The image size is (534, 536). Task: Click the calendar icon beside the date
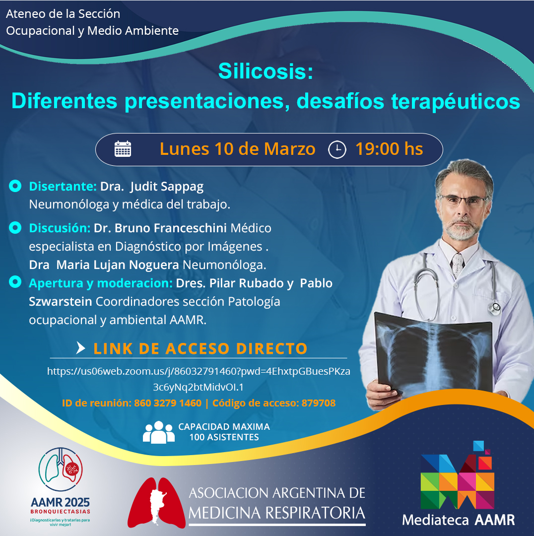(x=123, y=149)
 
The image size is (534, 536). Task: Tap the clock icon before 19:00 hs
(x=337, y=150)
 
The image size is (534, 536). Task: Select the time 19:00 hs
(x=389, y=149)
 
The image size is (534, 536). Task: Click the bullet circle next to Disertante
(x=15, y=186)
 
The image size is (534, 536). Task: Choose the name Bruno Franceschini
(x=171, y=228)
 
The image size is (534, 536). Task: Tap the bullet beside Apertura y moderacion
(x=15, y=282)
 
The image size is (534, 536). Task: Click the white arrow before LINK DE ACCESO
(x=81, y=347)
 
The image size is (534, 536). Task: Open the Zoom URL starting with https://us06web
(x=199, y=379)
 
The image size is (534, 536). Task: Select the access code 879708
(x=318, y=403)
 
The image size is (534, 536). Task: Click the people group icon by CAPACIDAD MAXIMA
(x=159, y=432)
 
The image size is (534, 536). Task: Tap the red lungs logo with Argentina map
(x=156, y=502)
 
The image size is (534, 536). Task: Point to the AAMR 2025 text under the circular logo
(x=60, y=502)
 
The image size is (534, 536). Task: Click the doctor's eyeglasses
(x=463, y=200)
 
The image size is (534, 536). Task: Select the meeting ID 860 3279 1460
(x=168, y=403)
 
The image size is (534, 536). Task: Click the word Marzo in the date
(x=289, y=149)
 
